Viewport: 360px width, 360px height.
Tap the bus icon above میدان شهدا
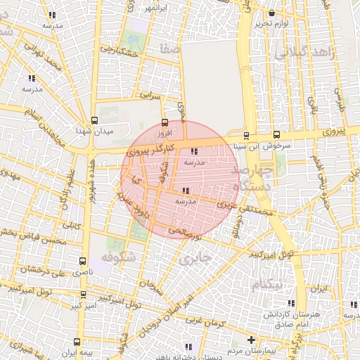coord(95,120)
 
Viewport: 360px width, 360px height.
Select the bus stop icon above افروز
coord(165,121)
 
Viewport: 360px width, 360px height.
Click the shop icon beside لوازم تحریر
coord(271,13)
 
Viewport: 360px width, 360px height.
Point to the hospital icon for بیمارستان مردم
coord(251,340)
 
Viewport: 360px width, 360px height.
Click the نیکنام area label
coord(267,284)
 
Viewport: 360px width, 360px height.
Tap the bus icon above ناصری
coord(84,260)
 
